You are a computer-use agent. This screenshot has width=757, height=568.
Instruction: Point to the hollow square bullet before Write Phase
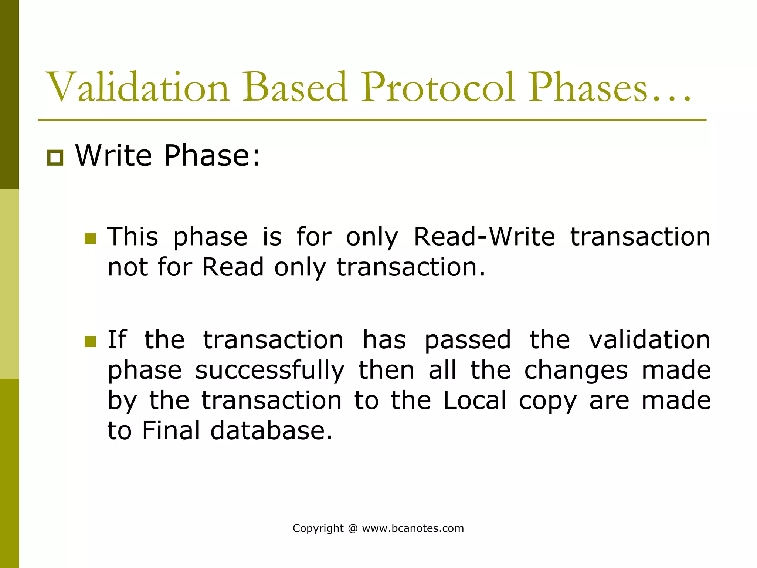55,158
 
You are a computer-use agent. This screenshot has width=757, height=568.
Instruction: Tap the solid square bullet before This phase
90,239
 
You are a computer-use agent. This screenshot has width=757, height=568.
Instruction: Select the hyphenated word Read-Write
484,237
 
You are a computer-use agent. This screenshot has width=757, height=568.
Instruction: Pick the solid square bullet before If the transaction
90,341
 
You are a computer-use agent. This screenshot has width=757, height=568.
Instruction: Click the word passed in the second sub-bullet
468,340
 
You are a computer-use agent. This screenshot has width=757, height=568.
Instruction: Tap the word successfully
270,371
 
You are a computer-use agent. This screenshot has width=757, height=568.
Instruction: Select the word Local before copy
475,400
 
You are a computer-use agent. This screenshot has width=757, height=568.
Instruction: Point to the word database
271,431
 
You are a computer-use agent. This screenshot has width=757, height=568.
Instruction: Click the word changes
576,371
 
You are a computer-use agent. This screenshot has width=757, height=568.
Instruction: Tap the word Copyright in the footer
318,528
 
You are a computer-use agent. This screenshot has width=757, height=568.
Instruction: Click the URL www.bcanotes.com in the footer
413,528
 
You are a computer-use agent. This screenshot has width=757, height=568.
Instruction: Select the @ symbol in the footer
353,528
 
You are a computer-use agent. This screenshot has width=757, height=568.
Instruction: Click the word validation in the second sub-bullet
649,340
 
